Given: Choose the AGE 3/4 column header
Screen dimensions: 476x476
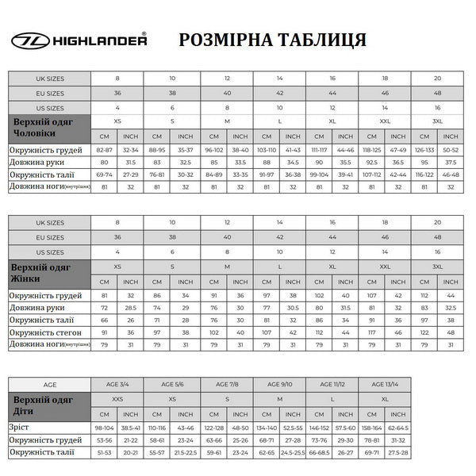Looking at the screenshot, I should point(118,384).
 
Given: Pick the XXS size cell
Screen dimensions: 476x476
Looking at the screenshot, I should point(118,398).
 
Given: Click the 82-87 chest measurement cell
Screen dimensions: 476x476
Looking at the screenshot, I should point(105,151).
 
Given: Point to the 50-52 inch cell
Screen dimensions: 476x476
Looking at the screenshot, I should point(451,151).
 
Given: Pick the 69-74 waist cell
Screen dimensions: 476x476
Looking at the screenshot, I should point(105,175).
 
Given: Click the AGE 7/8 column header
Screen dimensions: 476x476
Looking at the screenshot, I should point(226,384).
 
